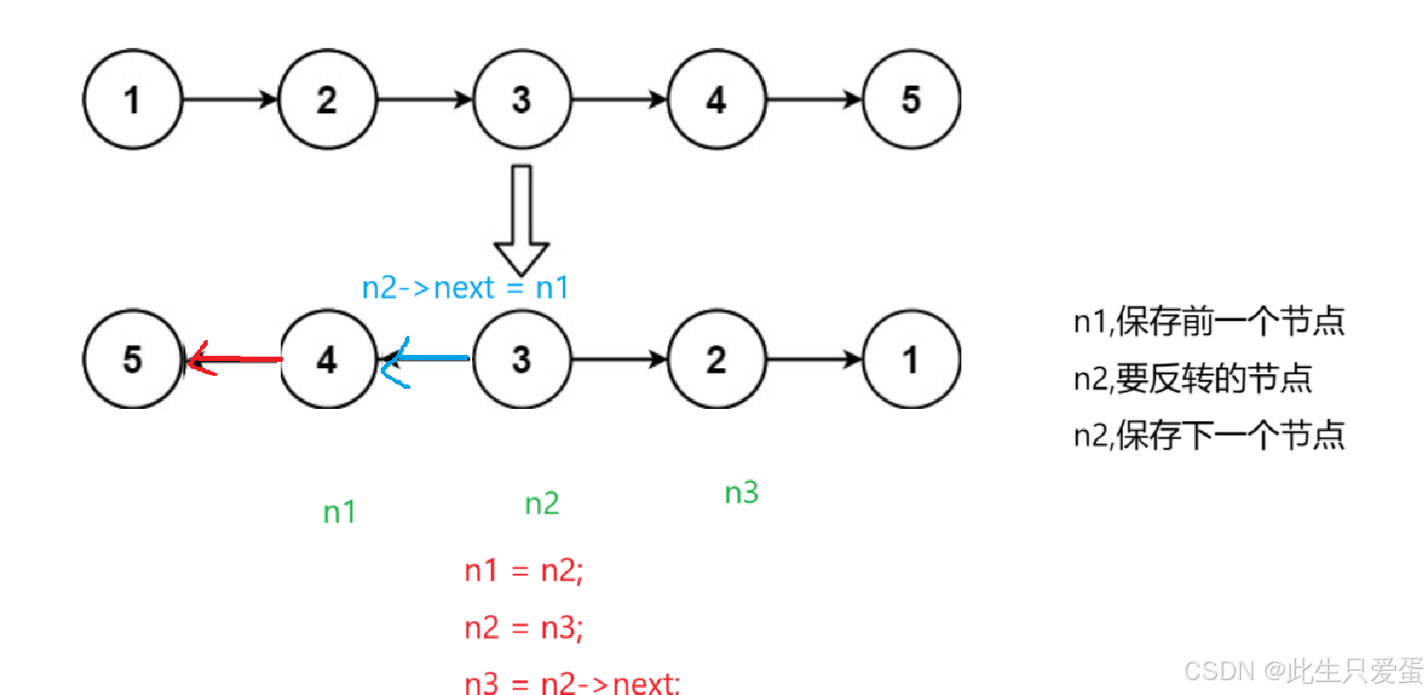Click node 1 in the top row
point(132,99)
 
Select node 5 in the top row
point(911,99)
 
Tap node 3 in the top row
point(521,99)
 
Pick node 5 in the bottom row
point(132,358)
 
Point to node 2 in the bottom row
point(716,358)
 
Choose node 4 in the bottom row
point(327,358)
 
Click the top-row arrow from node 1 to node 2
point(229,99)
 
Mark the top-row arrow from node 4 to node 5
point(814,99)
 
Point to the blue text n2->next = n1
point(465,287)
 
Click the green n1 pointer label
point(339,512)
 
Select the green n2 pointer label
point(541,504)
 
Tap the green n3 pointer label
point(741,493)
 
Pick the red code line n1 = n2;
point(523,571)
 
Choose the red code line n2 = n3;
point(523,627)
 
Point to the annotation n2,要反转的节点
point(1192,378)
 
